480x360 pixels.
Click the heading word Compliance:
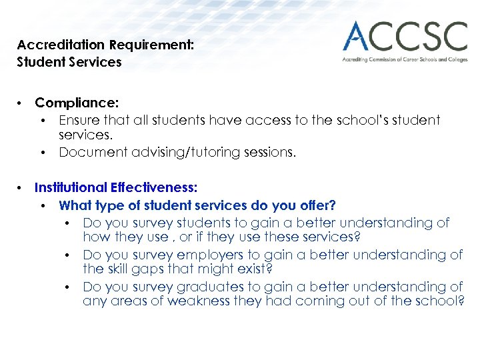[x=77, y=103]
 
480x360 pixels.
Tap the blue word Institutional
[x=71, y=188]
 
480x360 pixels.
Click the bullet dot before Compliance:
[x=21, y=103]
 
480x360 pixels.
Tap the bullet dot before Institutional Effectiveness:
[x=21, y=188]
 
